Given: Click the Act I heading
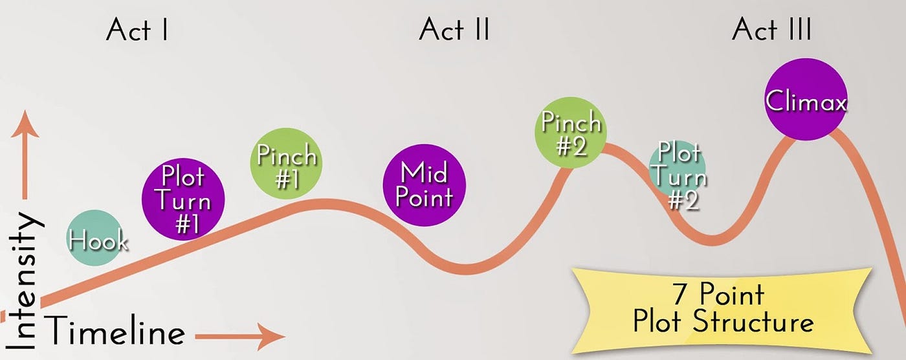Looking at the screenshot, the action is tap(137, 30).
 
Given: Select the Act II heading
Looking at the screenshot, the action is tap(454, 30).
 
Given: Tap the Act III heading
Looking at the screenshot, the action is tap(771, 30).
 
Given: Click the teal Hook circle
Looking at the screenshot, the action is tap(96, 238).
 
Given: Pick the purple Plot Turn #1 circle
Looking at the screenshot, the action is tap(182, 199).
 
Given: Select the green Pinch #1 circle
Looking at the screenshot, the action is tap(286, 163).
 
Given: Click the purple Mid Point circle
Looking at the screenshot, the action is tap(425, 185).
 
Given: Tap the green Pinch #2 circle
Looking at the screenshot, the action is tap(571, 132).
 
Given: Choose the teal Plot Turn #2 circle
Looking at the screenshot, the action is tap(678, 169).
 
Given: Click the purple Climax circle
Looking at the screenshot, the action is tap(806, 100).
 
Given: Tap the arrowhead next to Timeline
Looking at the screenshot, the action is tap(271, 336).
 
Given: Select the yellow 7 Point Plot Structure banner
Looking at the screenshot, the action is tap(722, 312).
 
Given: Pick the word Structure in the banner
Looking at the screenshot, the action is tap(753, 322).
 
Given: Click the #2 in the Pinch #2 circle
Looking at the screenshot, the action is tap(571, 146).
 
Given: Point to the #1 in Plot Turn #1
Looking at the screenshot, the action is tap(188, 224).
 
